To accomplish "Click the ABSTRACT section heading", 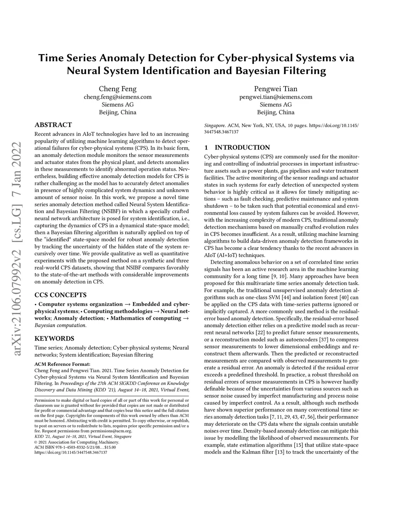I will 53,125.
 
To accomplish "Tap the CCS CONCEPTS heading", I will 60,295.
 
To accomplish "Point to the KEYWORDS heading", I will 54,339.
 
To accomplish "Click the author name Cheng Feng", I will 117,89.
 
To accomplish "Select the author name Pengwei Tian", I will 276,89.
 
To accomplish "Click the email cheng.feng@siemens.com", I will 117,97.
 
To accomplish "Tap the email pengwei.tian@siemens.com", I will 276,97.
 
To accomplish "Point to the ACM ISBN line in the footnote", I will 75,447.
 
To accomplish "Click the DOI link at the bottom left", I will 71,452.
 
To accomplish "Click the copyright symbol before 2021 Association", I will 36,442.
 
